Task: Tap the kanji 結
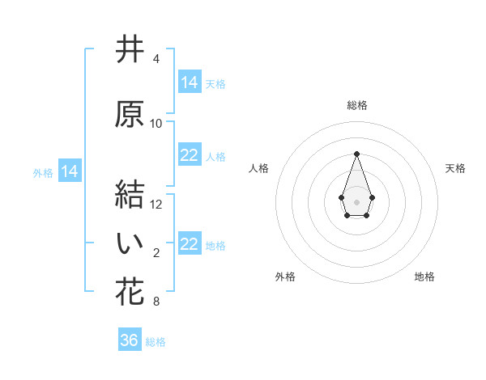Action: (x=130, y=194)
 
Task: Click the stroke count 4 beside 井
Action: (x=156, y=59)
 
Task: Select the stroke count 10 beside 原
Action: (x=156, y=124)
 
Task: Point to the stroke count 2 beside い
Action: (x=156, y=254)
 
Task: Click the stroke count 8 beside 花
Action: (x=156, y=302)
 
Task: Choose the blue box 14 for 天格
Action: (x=190, y=82)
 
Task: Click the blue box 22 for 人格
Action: (x=190, y=155)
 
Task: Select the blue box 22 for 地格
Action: (x=190, y=244)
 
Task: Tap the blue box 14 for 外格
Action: (x=70, y=171)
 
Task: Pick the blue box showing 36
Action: (x=130, y=340)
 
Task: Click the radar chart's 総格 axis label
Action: (x=356, y=105)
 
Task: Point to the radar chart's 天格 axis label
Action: (x=455, y=168)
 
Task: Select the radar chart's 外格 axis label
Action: (x=285, y=277)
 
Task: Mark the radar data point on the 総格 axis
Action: (x=356, y=154)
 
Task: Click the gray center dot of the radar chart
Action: (x=356, y=201)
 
